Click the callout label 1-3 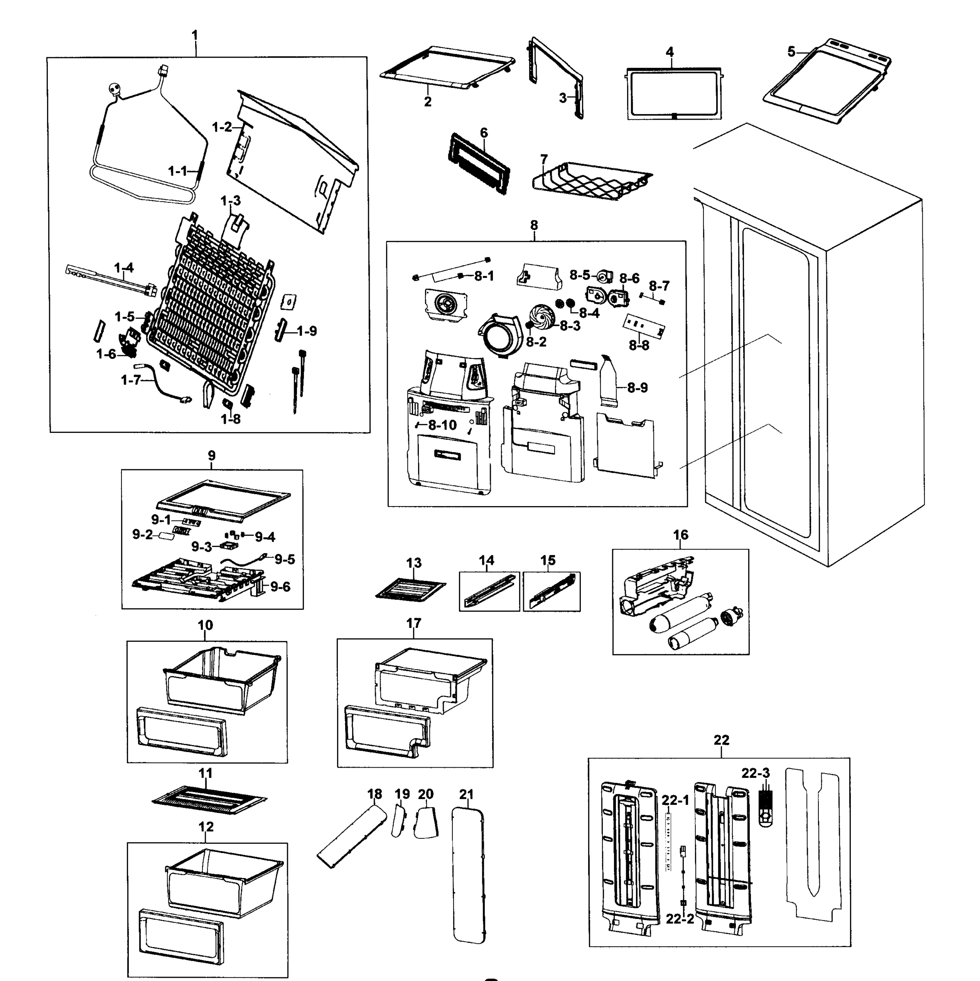pyautogui.click(x=230, y=201)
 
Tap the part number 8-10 pyautogui.click(x=442, y=425)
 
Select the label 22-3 pyautogui.click(x=755, y=773)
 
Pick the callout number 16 pyautogui.click(x=680, y=535)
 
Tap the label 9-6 pyautogui.click(x=280, y=587)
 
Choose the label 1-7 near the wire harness pyautogui.click(x=130, y=380)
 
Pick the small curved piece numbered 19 pyautogui.click(x=400, y=821)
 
